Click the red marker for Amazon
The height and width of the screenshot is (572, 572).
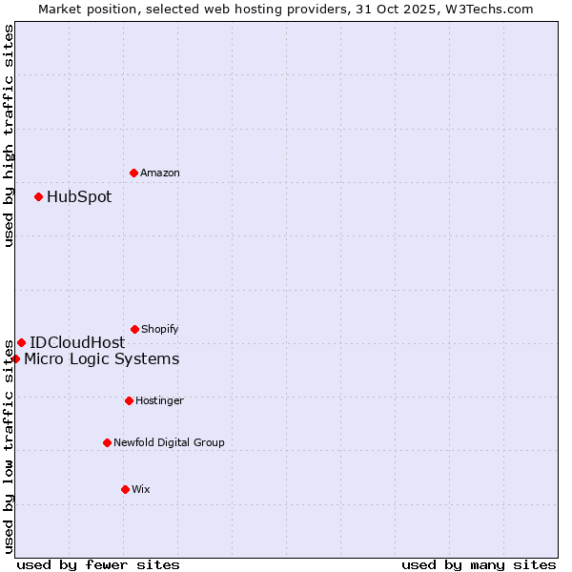click(133, 173)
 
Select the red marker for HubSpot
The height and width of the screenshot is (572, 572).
click(38, 196)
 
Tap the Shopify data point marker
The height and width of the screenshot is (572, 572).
click(134, 329)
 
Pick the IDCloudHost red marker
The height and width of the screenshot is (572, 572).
click(21, 342)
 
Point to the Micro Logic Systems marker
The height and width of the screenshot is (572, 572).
click(15, 358)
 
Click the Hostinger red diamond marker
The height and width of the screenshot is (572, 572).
click(129, 400)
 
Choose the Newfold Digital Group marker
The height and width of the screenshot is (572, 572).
click(107, 442)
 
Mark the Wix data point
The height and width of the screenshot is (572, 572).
click(125, 489)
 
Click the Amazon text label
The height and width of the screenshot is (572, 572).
click(160, 173)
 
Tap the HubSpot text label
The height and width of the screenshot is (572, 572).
click(79, 197)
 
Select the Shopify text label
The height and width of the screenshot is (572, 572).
click(160, 329)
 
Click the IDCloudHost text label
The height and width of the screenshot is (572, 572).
click(77, 343)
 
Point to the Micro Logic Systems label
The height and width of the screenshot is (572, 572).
click(102, 359)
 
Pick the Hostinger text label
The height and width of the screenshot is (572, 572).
click(159, 400)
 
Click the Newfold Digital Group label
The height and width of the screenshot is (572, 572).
click(170, 442)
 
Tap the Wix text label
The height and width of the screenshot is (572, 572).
click(141, 489)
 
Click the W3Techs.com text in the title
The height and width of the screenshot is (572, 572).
click(492, 9)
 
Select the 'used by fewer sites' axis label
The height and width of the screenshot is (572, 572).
click(98, 564)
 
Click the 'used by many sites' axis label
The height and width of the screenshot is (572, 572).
click(479, 564)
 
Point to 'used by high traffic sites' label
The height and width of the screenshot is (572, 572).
click(9, 135)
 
